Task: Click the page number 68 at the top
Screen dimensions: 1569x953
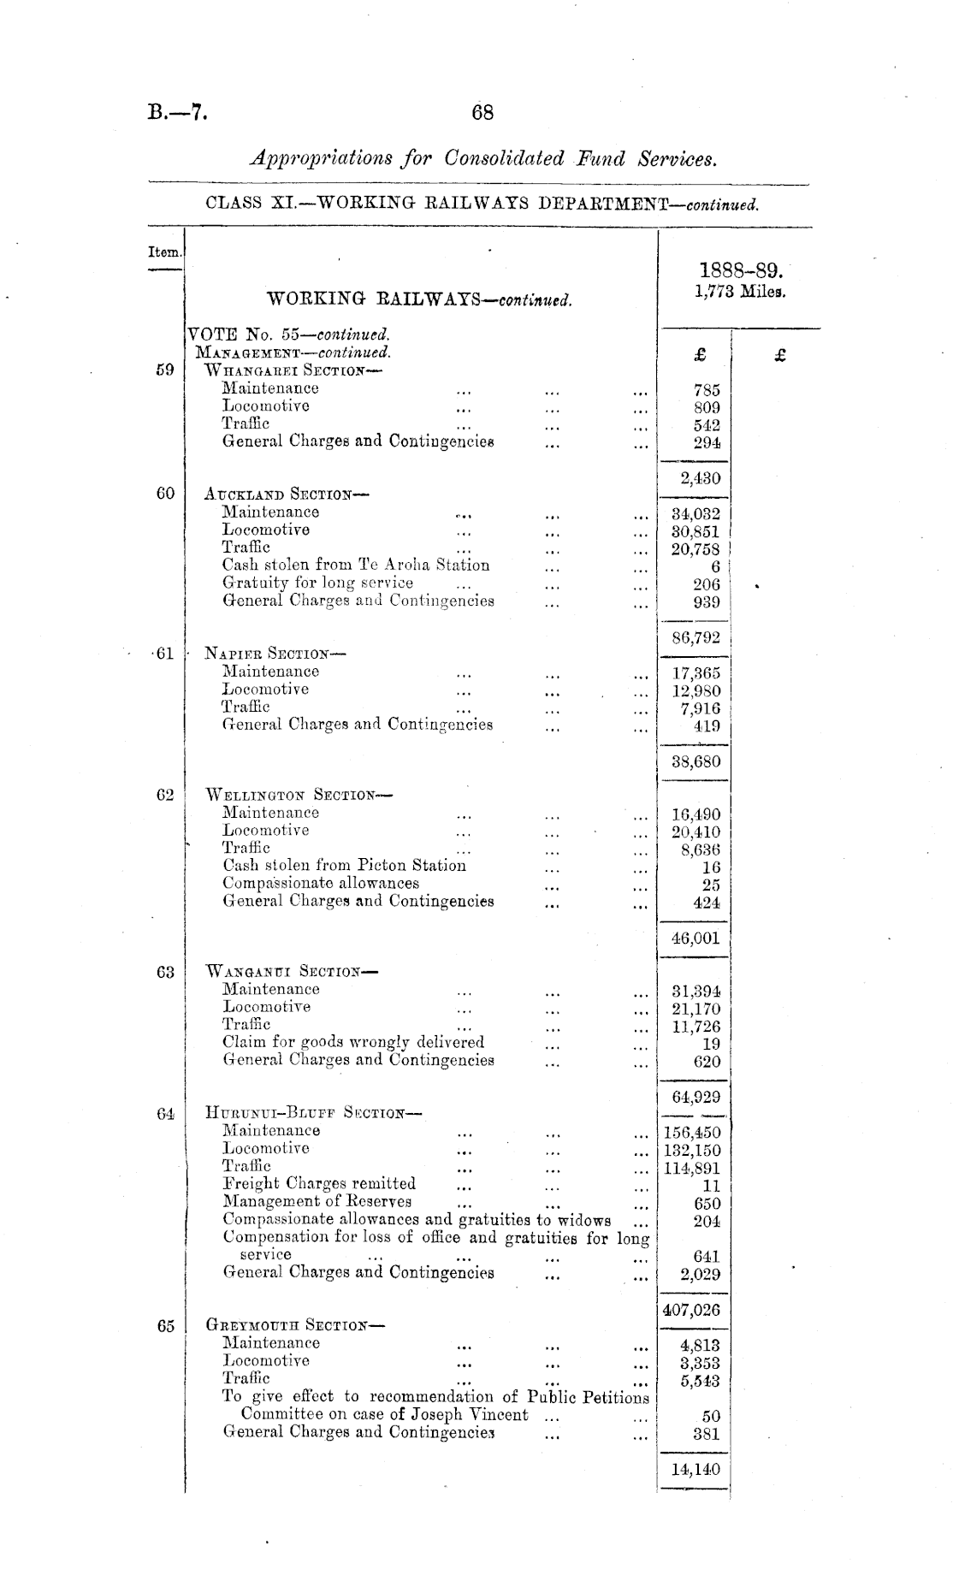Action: point(482,112)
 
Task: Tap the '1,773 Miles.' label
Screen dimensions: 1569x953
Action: point(740,291)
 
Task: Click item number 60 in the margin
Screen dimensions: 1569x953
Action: point(165,493)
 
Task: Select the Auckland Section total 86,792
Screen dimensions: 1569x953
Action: point(696,637)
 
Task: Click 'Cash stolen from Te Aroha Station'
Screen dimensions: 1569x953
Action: point(356,565)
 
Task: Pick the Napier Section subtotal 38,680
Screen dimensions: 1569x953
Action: point(696,761)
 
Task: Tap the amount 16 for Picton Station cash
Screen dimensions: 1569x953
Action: point(710,867)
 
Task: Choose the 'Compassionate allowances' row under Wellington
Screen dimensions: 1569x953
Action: point(321,883)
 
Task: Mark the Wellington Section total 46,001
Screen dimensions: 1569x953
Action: point(696,938)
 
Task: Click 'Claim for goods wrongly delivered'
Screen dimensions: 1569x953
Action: point(353,1042)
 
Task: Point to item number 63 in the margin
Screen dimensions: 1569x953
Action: point(165,972)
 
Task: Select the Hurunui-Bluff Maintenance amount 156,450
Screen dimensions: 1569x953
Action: point(692,1133)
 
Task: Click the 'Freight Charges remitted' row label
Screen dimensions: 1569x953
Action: point(319,1183)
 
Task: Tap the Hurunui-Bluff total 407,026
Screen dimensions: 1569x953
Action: point(692,1310)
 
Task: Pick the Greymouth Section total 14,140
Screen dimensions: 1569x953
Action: point(696,1469)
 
